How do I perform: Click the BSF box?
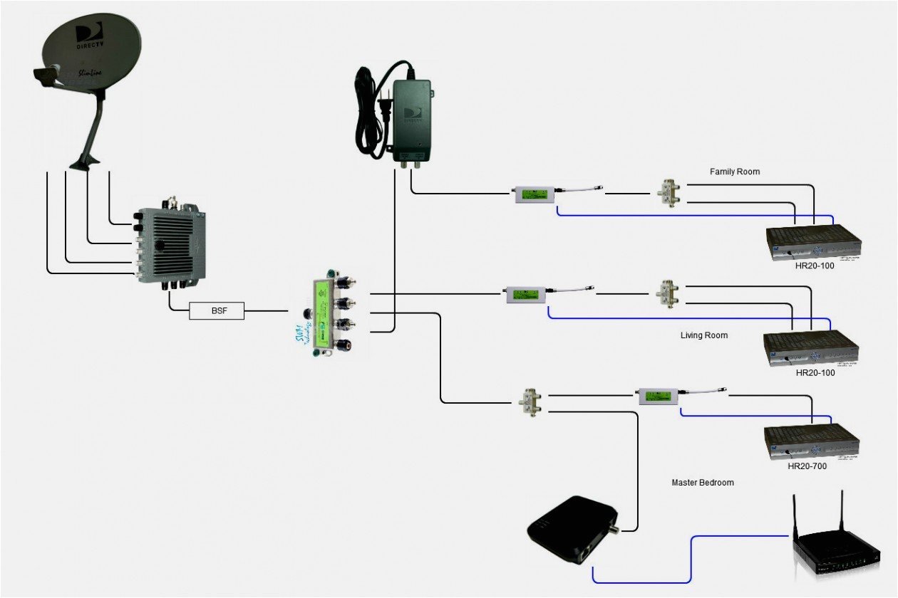tap(217, 310)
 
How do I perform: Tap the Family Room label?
tap(734, 172)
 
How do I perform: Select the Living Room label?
tap(704, 335)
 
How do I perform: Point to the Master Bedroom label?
tap(703, 482)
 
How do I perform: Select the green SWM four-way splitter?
tap(326, 311)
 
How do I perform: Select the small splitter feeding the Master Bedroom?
tap(530, 402)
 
